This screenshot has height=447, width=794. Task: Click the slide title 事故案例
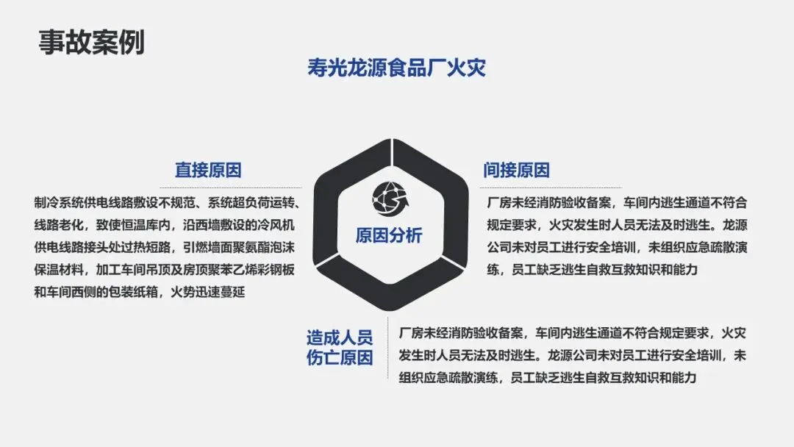(x=91, y=42)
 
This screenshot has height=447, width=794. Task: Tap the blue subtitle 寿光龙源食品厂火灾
(x=396, y=68)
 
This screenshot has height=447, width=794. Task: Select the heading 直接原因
(x=208, y=170)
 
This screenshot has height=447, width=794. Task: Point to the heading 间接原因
(x=516, y=170)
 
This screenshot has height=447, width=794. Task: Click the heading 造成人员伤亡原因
(x=340, y=348)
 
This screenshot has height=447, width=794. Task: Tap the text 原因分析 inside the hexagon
(x=389, y=235)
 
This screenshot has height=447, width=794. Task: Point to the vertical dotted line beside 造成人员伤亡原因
(x=387, y=349)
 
